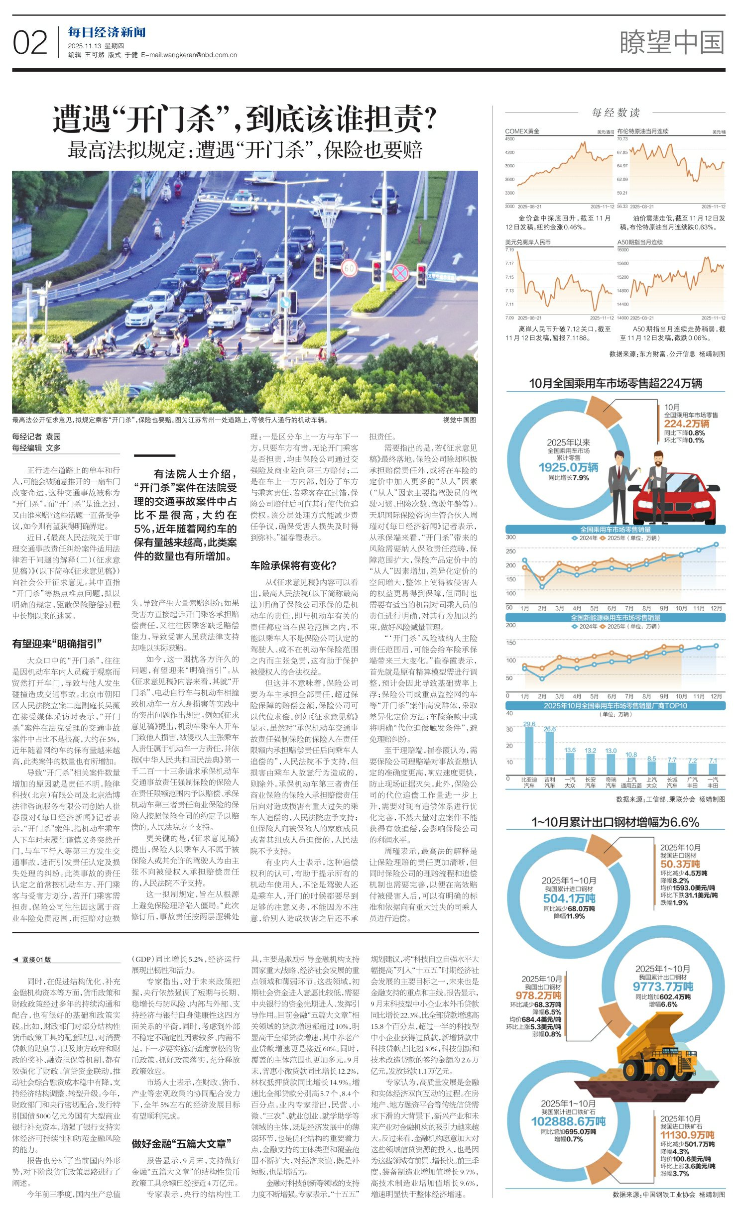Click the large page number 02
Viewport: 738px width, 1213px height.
(x=30, y=43)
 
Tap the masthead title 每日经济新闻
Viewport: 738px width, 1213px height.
(x=107, y=33)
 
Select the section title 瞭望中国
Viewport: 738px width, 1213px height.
(x=672, y=42)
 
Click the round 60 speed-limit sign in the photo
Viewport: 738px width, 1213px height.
(x=349, y=269)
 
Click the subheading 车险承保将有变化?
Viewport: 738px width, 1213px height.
(x=293, y=565)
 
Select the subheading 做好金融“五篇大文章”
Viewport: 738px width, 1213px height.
(x=181, y=1143)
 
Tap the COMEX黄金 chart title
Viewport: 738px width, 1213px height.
(x=522, y=131)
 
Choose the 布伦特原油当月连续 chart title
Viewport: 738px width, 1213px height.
(x=642, y=131)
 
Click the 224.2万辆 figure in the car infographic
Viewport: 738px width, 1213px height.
(x=686, y=424)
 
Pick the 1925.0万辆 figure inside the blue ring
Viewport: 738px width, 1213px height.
(x=568, y=467)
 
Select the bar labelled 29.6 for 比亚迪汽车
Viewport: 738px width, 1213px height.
(x=529, y=751)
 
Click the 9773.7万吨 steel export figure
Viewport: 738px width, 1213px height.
(x=662, y=986)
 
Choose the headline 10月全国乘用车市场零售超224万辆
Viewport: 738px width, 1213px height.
(x=615, y=383)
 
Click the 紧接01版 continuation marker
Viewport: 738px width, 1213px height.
(x=33, y=959)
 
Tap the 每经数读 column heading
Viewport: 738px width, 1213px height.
(x=615, y=113)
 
